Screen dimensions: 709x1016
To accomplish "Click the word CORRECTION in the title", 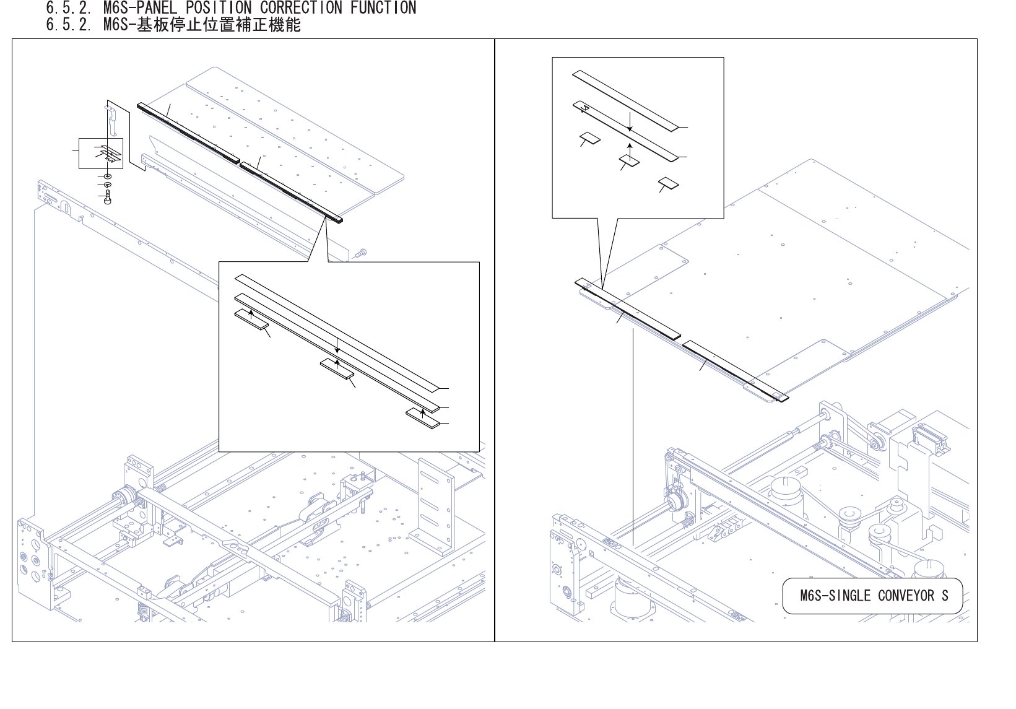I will click(x=301, y=8).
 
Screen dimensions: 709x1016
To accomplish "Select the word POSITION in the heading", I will click(x=219, y=8).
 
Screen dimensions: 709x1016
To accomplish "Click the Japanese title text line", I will click(x=173, y=25).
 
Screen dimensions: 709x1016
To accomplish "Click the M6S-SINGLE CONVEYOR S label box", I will click(x=872, y=596).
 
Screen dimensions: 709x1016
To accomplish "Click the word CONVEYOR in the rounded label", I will click(x=906, y=596).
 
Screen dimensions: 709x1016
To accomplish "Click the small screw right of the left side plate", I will click(x=362, y=252).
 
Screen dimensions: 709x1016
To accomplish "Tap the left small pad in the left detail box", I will click(x=251, y=320).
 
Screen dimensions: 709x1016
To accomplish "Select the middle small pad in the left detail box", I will click(x=337, y=368).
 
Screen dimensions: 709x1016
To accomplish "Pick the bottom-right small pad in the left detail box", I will click(x=423, y=418).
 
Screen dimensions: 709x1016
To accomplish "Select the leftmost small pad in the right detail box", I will click(x=589, y=137).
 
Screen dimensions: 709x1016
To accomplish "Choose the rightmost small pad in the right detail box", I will click(x=668, y=183).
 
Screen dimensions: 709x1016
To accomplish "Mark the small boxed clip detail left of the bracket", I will click(x=101, y=154).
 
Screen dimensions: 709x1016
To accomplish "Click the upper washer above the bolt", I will click(x=108, y=177).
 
